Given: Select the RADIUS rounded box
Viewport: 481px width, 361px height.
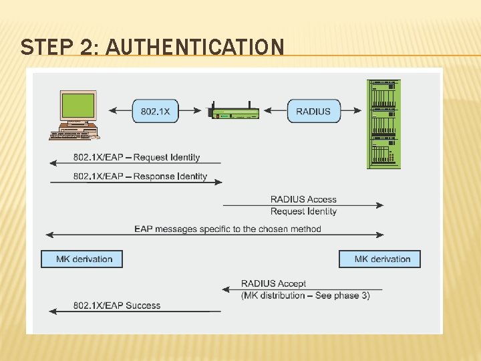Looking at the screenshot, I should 313,111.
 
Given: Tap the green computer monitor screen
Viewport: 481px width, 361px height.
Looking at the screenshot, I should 78,105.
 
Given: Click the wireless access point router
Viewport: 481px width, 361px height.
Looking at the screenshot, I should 234,112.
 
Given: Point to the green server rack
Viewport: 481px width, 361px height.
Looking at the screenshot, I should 383,124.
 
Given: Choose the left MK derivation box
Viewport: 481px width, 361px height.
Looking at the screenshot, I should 82,259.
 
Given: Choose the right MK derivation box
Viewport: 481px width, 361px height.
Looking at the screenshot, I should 380,259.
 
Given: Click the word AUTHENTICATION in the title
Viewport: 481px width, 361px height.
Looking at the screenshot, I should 195,47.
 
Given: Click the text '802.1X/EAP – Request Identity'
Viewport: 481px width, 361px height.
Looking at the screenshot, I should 136,157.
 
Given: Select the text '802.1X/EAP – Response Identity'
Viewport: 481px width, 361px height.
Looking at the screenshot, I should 140,176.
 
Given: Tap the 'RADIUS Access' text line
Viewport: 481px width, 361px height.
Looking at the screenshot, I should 303,199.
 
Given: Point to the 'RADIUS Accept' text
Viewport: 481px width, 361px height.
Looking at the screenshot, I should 273,283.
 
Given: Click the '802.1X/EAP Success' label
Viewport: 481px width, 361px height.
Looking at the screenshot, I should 117,306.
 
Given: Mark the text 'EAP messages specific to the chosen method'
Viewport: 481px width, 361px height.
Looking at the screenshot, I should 228,229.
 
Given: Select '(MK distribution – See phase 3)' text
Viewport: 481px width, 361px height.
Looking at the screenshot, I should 305,295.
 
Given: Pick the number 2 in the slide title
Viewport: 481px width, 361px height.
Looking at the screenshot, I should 85,47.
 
